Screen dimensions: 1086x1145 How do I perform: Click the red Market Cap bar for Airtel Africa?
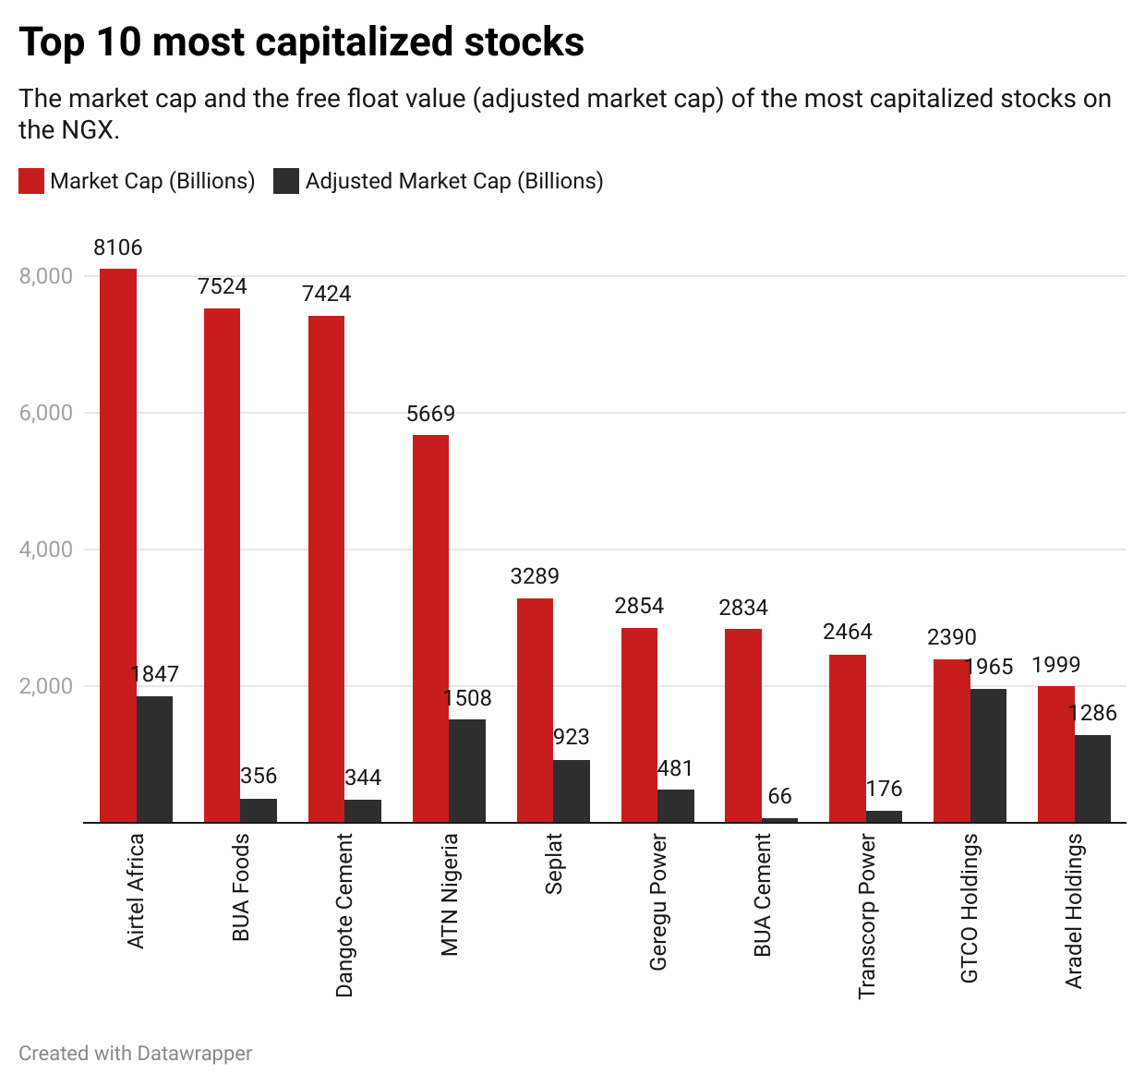point(118,545)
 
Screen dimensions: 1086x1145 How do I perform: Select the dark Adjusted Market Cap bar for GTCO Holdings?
point(988,755)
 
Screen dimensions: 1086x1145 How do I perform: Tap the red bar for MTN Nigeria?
point(430,628)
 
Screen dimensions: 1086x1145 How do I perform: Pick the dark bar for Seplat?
point(572,791)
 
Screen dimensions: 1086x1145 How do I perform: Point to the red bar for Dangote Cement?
point(326,569)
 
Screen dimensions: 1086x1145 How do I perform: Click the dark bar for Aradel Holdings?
point(1092,778)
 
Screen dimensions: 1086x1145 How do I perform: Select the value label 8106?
point(118,247)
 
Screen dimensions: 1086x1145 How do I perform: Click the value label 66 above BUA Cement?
point(779,796)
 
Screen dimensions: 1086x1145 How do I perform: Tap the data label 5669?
point(430,414)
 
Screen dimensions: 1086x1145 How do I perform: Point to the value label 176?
point(884,789)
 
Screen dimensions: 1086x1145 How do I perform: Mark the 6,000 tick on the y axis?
point(46,413)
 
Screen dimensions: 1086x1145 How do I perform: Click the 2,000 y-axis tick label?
point(46,686)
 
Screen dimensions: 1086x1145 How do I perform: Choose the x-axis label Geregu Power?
point(657,902)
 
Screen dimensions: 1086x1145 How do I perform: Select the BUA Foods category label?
point(241,887)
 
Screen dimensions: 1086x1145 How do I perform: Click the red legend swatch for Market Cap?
point(31,181)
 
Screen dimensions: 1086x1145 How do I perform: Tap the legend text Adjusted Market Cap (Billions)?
point(454,181)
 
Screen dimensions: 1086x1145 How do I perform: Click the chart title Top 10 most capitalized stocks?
point(301,42)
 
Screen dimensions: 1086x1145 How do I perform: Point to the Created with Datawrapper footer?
point(135,1054)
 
